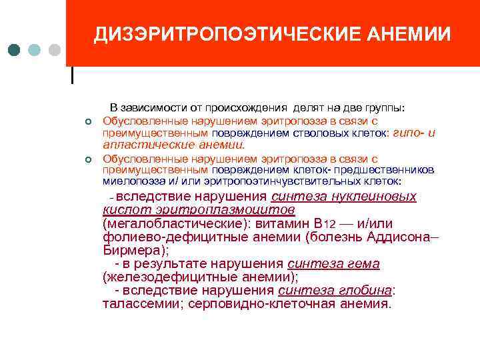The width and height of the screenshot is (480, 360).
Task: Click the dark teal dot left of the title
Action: coord(15,51)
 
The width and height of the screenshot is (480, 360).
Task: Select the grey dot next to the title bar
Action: coord(55,51)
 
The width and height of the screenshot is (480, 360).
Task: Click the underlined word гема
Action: coord(363,264)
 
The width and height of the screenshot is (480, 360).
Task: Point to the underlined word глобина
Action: coord(369,291)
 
